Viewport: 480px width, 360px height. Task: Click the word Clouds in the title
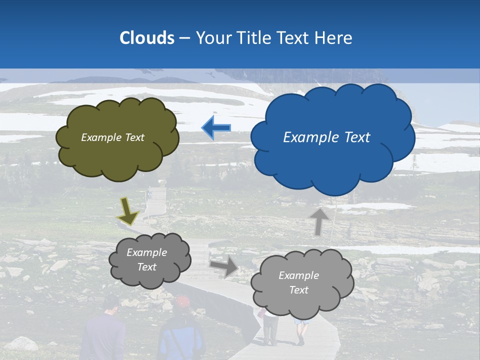tap(147, 38)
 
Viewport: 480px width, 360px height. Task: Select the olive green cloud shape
tap(117, 155)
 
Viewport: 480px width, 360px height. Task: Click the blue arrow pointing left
tap(216, 128)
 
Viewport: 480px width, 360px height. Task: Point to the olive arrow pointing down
tap(128, 210)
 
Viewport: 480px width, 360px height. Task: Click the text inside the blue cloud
tap(326, 137)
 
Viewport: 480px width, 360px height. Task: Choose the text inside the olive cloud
tap(112, 137)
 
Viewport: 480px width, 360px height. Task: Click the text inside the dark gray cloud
tap(147, 259)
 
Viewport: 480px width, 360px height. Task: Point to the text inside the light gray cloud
tap(298, 282)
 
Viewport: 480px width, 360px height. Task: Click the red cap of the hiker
tap(183, 301)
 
